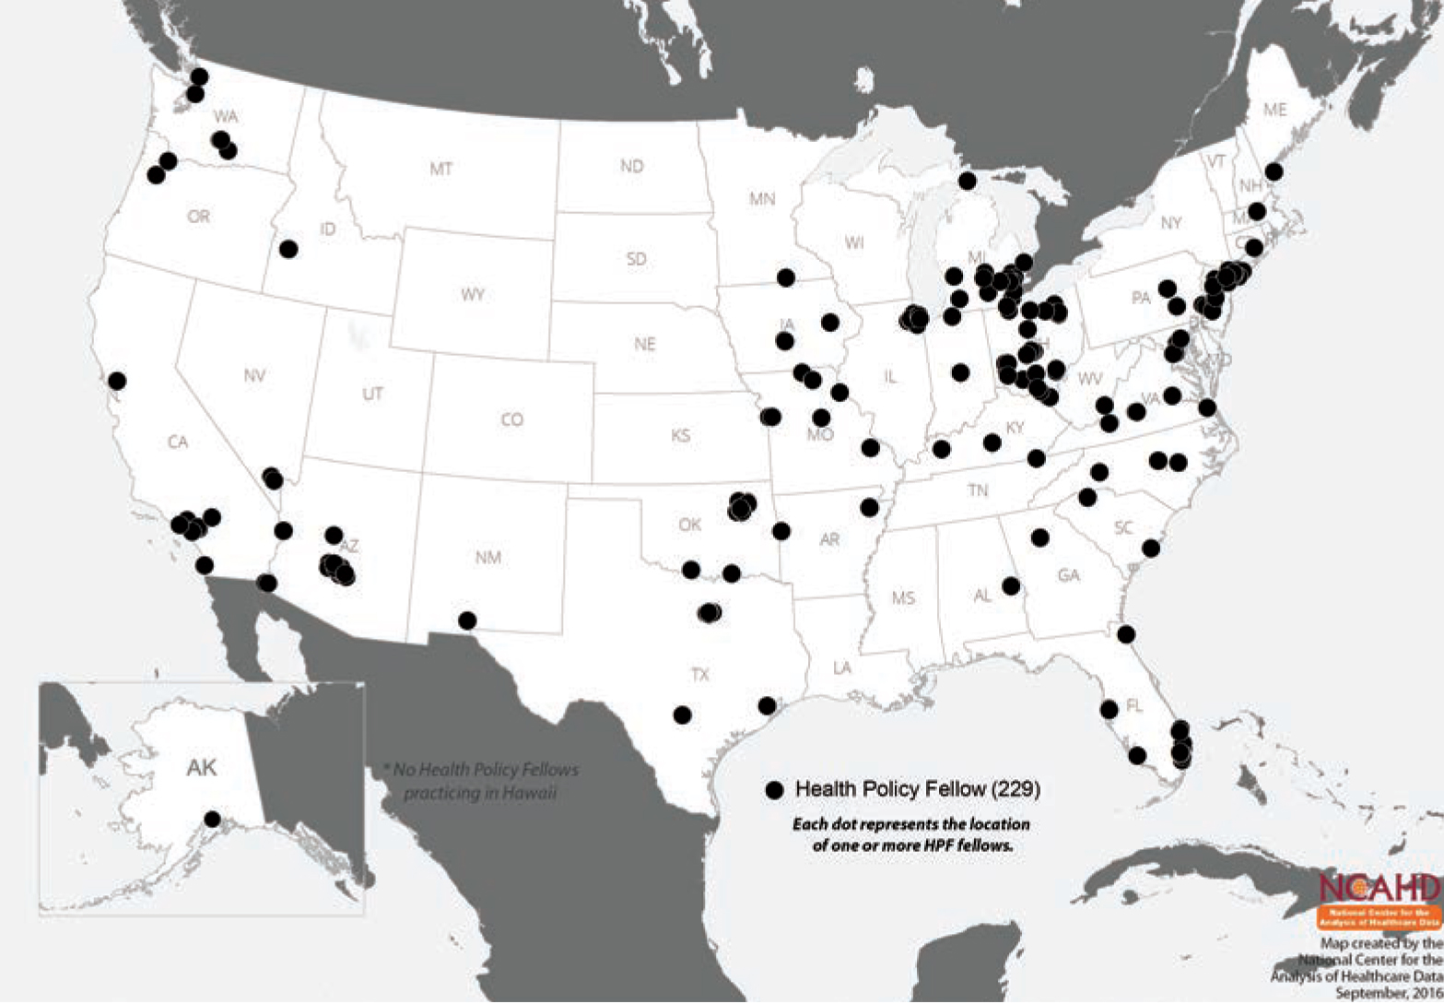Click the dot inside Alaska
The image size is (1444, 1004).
212,819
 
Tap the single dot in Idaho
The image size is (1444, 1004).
288,248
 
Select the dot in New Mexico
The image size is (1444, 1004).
467,620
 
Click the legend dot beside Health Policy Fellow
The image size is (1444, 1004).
774,789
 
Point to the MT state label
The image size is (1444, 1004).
440,169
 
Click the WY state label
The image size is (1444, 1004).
473,295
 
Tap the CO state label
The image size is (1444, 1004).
511,419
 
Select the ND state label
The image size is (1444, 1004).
631,166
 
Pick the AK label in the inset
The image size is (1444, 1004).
201,767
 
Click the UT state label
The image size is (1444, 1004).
371,394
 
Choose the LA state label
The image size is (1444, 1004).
841,667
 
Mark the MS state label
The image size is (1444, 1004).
903,598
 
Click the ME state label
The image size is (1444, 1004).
1274,109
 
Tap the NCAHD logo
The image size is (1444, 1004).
1379,900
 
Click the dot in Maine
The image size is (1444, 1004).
1274,171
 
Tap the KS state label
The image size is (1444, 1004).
680,435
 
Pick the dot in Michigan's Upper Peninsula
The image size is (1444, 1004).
967,180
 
